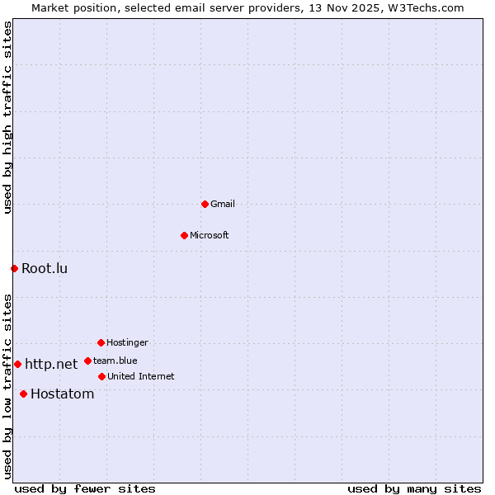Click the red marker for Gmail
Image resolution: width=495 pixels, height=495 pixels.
tap(205, 204)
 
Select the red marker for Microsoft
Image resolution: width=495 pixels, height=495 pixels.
tap(184, 235)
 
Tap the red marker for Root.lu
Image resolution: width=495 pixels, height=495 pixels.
tap(14, 268)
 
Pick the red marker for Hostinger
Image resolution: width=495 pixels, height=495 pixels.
tap(101, 342)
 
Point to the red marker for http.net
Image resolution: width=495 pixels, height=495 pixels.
tap(17, 364)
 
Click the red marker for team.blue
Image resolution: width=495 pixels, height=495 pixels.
tap(87, 361)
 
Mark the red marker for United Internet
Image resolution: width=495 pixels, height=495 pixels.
tap(101, 376)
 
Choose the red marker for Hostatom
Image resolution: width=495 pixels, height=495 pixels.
tap(23, 394)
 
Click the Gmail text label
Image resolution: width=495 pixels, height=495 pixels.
tap(223, 204)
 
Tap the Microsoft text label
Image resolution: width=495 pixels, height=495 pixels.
tap(210, 235)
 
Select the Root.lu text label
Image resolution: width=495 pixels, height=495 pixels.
tap(45, 268)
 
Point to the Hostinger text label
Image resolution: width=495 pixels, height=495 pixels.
tap(127, 342)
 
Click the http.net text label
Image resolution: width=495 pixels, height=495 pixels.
tap(51, 364)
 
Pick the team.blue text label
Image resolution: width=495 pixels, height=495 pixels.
tap(115, 361)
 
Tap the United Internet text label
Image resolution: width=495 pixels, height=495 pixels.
tap(141, 376)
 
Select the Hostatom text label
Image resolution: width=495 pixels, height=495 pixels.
tap(62, 394)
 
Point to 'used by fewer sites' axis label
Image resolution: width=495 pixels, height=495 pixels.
tap(85, 488)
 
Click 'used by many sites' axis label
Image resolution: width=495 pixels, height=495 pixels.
tap(414, 488)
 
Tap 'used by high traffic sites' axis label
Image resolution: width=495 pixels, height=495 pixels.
tap(7, 117)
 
